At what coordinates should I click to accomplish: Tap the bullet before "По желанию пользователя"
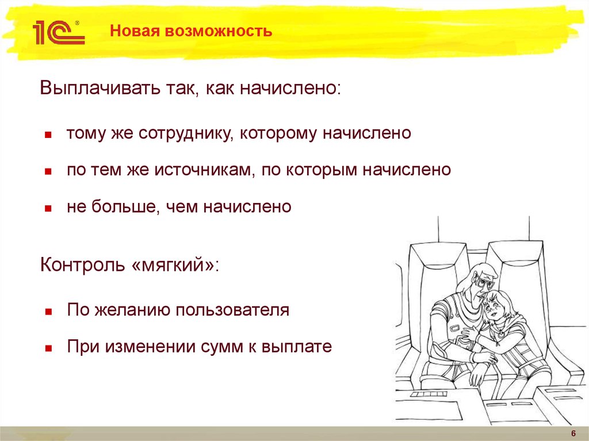[x=49, y=312]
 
